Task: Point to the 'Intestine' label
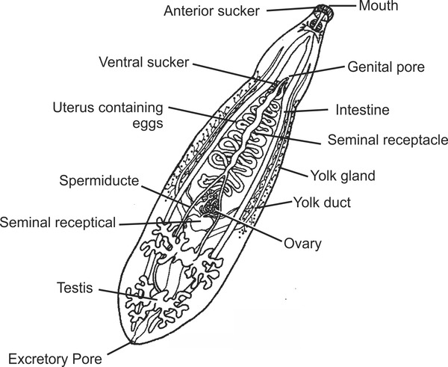(x=364, y=110)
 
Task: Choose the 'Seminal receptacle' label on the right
(x=388, y=139)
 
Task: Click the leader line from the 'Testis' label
(x=127, y=294)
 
